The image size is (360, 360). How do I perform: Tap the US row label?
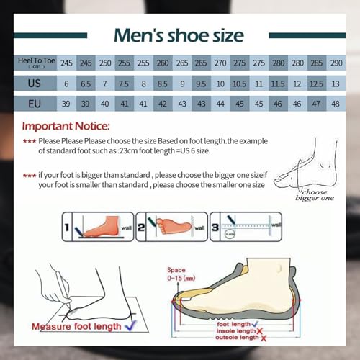click(34, 84)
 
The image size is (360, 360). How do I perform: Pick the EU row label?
click(34, 104)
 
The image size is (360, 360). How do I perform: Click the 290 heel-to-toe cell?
click(336, 63)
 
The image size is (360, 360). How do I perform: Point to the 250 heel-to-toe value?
click(105, 63)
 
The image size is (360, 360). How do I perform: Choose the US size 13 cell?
click(336, 84)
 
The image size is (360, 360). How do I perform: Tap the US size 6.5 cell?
click(86, 84)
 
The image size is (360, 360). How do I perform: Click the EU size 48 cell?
click(336, 104)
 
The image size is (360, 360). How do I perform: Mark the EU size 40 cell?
click(105, 104)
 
